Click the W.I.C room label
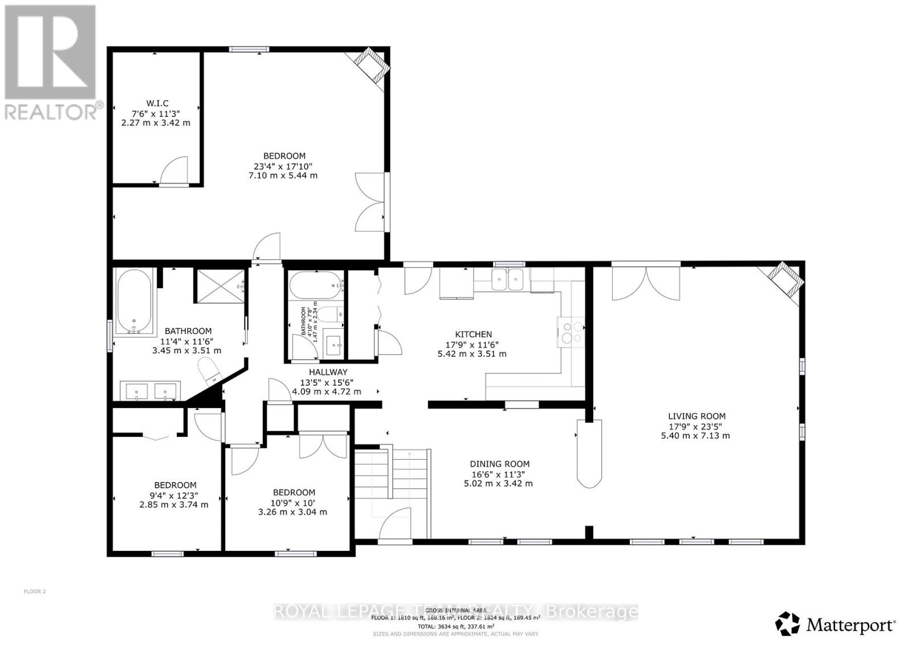(157, 103)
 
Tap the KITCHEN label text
(473, 334)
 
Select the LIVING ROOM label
(697, 416)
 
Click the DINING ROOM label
(499, 464)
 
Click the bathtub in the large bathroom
(135, 301)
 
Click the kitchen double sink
(508, 279)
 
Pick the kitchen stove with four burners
(570, 332)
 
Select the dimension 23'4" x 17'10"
(284, 166)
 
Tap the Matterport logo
(836, 624)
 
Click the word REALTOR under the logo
(51, 111)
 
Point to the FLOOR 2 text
(34, 591)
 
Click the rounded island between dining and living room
(589, 454)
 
